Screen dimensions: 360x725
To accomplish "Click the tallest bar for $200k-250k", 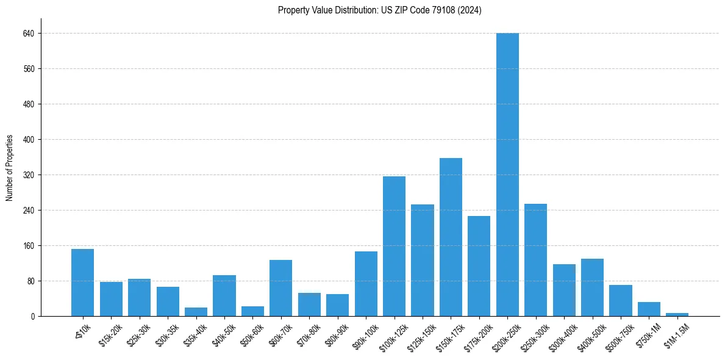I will [507, 175].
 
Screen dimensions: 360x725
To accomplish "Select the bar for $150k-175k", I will [451, 237].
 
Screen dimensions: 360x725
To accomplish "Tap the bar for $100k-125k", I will [394, 246].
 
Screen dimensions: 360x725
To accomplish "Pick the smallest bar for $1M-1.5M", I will [677, 314].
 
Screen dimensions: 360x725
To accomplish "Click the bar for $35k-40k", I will [196, 312].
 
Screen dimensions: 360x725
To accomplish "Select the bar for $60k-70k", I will [280, 288].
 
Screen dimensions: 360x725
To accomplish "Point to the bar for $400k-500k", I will [592, 287].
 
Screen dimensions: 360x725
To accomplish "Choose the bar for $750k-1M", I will [649, 309].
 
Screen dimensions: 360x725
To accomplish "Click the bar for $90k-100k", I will [366, 284].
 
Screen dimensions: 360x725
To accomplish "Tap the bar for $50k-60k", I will [252, 311].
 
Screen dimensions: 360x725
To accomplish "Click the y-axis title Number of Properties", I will [9, 168].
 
